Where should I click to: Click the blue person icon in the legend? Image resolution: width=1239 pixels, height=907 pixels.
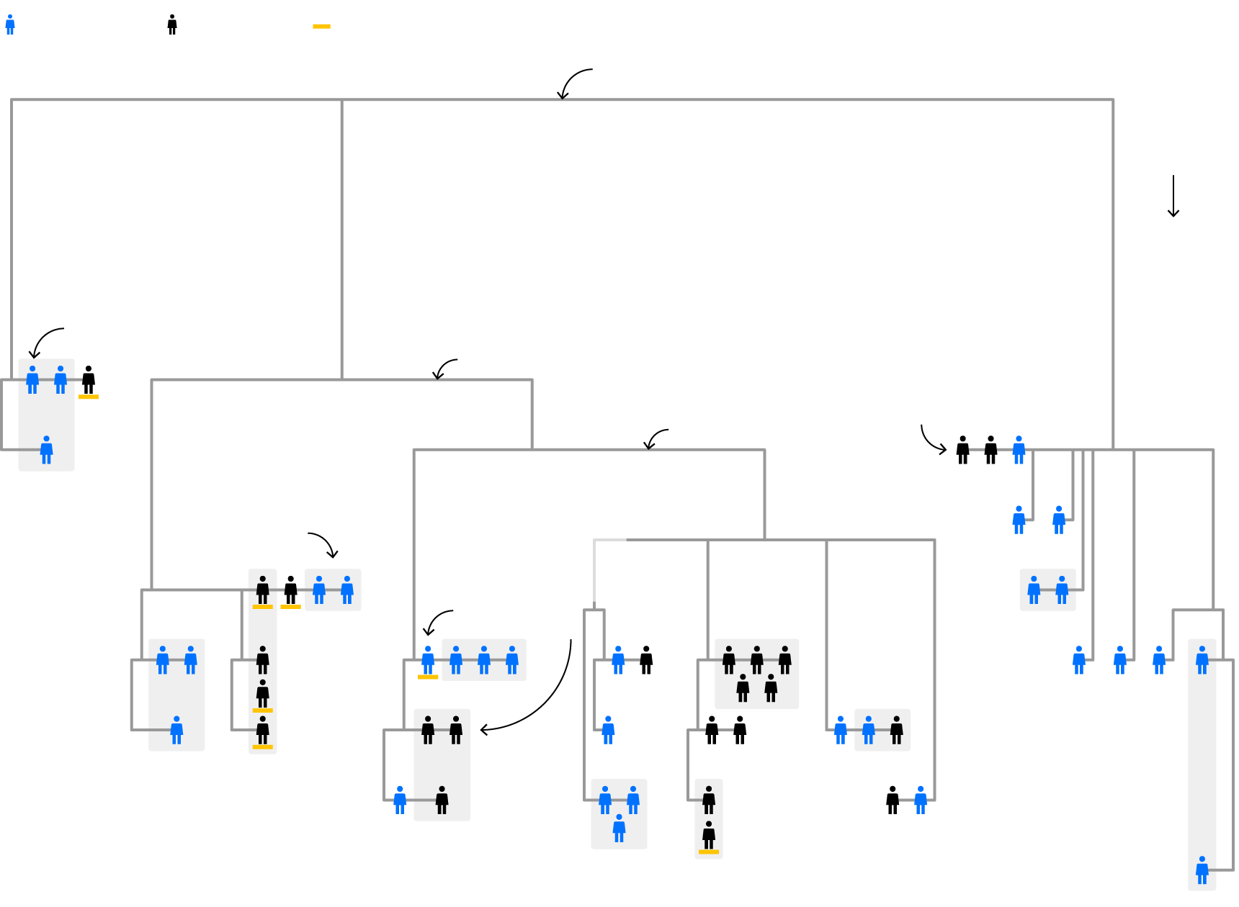[x=10, y=25]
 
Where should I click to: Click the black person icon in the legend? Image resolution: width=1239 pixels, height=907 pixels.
[x=172, y=25]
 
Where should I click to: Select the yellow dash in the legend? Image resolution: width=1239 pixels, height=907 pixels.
[x=321, y=27]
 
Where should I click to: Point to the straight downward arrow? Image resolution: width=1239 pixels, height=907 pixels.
[x=1173, y=196]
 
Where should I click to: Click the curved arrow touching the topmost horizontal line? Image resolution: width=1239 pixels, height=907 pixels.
[x=574, y=82]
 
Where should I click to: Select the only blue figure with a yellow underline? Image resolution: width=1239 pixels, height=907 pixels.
[x=428, y=660]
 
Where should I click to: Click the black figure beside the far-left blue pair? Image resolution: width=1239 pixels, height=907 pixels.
[x=89, y=380]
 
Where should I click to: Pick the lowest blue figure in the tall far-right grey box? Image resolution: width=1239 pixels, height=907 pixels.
[x=1202, y=870]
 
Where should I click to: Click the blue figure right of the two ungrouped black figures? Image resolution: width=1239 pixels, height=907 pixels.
[x=1019, y=450]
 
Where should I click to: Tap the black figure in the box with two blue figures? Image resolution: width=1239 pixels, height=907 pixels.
[x=897, y=730]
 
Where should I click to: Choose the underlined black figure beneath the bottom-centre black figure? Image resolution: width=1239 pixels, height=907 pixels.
[x=709, y=836]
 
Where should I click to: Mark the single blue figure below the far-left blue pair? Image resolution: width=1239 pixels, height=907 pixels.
[x=47, y=450]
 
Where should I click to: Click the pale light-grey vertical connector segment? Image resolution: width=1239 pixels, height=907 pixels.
[x=594, y=569]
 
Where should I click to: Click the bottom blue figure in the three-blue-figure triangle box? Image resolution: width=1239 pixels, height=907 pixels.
[x=619, y=829]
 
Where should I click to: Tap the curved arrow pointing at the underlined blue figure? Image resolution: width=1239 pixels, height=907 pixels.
[x=437, y=621]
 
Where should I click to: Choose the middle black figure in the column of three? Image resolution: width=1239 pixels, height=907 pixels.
[x=263, y=695]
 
